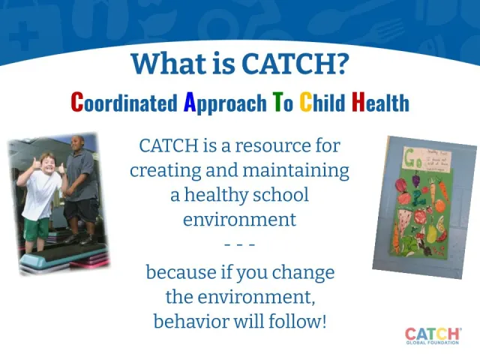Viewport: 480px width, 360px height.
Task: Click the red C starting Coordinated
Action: tap(76, 102)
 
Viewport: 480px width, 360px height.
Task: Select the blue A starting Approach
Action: tap(190, 102)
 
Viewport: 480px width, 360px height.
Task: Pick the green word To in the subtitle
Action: tap(283, 102)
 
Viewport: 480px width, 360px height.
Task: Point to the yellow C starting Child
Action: tap(306, 102)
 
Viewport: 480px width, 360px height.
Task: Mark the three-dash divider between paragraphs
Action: tap(240, 244)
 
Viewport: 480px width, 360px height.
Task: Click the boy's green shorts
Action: tap(35, 227)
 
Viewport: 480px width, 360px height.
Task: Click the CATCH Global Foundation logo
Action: tap(433, 336)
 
